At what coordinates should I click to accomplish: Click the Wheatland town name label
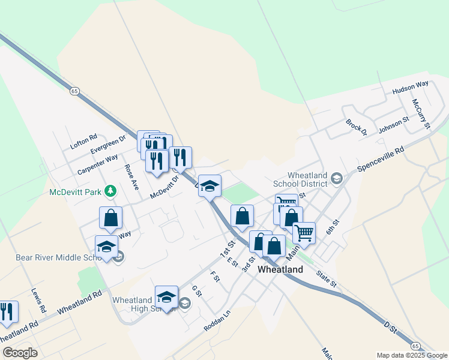(280, 269)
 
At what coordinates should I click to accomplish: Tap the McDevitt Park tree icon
(110, 191)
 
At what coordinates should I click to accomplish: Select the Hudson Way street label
(411, 88)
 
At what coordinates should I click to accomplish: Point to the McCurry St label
(421, 113)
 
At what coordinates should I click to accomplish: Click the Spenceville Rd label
(381, 160)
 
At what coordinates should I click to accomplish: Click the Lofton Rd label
(83, 142)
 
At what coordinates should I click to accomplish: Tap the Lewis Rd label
(38, 301)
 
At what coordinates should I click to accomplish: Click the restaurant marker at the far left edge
(7, 311)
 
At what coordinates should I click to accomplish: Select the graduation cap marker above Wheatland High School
(166, 297)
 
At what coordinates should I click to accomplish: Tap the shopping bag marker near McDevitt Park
(111, 218)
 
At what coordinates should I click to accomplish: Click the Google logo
(20, 353)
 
